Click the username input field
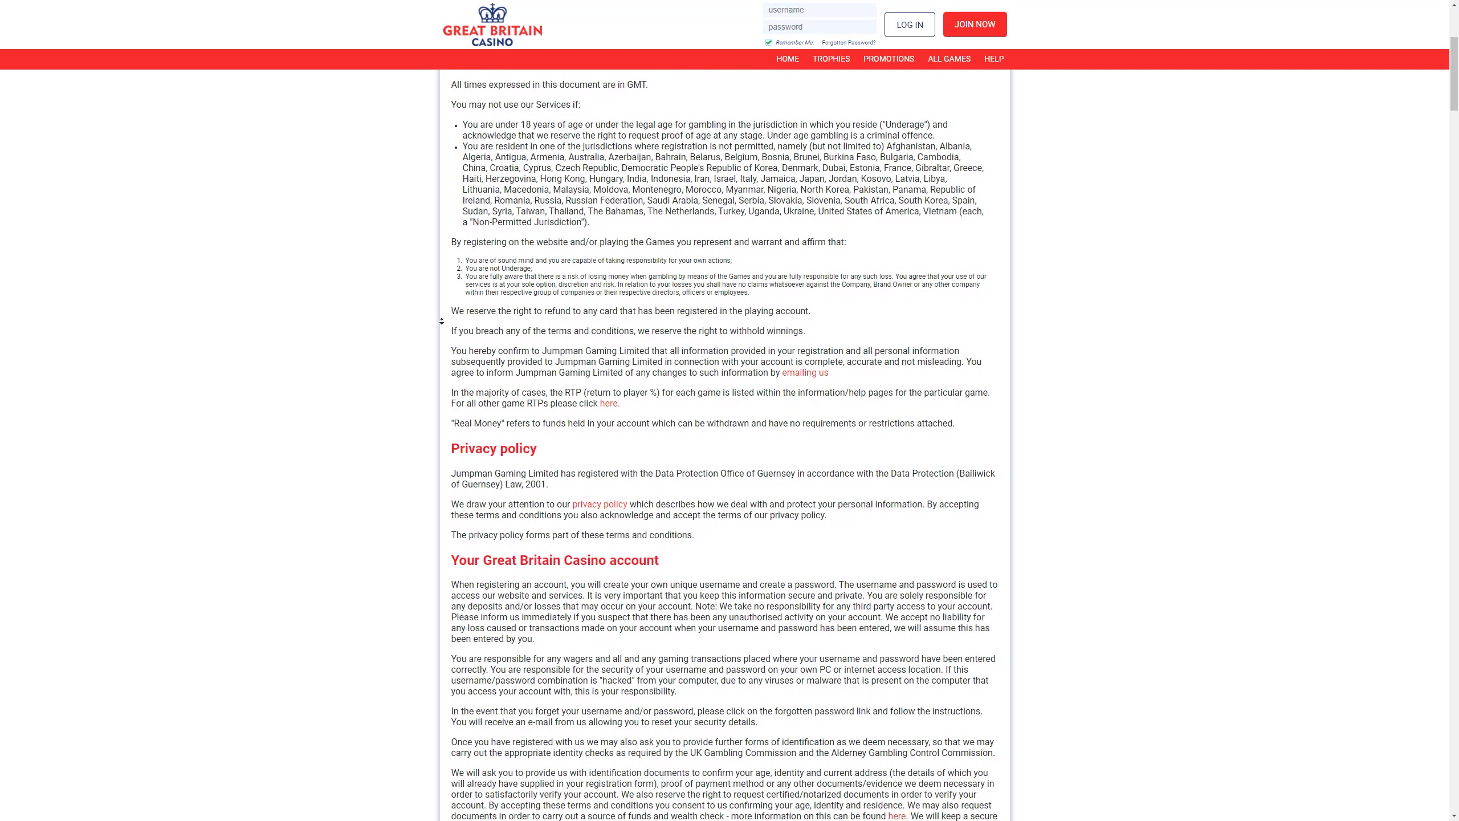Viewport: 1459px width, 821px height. pyautogui.click(x=819, y=10)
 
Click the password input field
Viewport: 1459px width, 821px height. pyautogui.click(x=819, y=27)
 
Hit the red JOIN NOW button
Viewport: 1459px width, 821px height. pyautogui.click(x=975, y=25)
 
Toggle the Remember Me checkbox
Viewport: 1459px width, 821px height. pyautogui.click(x=769, y=42)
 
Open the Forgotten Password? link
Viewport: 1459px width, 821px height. pyautogui.click(x=848, y=43)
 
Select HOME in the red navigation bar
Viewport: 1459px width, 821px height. pyautogui.click(x=787, y=59)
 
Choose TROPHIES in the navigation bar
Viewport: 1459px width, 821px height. pyautogui.click(x=831, y=59)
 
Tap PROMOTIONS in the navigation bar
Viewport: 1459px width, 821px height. pyautogui.click(x=889, y=59)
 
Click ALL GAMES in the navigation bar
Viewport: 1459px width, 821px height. pyautogui.click(x=949, y=59)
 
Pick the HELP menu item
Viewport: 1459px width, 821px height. pyautogui.click(x=993, y=59)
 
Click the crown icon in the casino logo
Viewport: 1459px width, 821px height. pyautogui.click(x=492, y=13)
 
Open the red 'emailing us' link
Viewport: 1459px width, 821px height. pyautogui.click(x=805, y=373)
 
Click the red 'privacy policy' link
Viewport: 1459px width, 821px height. pyautogui.click(x=600, y=505)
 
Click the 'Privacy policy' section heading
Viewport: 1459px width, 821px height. pyautogui.click(x=494, y=449)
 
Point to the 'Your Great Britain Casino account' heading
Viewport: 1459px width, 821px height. pyautogui.click(x=555, y=560)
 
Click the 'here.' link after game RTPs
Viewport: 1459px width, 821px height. pyautogui.click(x=609, y=404)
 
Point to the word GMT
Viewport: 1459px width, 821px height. pyautogui.click(x=637, y=85)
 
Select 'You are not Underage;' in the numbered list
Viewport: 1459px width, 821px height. pyautogui.click(x=498, y=269)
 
